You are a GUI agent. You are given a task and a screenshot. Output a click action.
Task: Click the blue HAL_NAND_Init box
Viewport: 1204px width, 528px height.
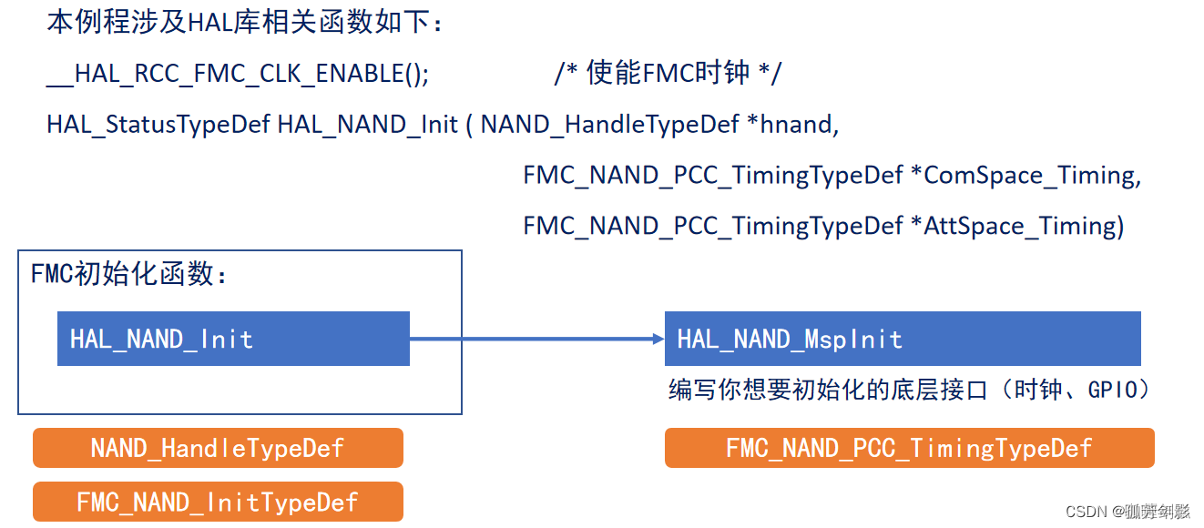(233, 339)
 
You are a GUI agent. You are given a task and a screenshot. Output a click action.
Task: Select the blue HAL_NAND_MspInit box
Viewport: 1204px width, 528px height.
(902, 339)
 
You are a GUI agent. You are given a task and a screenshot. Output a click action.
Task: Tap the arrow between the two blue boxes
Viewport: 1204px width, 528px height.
(537, 339)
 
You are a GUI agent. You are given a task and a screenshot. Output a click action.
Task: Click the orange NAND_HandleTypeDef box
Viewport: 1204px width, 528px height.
(218, 448)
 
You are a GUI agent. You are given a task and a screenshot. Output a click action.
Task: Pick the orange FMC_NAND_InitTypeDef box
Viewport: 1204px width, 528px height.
(218, 502)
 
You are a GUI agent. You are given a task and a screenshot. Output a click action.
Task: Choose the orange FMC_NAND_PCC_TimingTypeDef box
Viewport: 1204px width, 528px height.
(909, 448)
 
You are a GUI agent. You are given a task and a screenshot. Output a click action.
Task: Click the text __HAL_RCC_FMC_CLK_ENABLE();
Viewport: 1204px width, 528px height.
(238, 75)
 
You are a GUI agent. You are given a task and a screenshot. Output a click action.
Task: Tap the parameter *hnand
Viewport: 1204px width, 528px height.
(792, 125)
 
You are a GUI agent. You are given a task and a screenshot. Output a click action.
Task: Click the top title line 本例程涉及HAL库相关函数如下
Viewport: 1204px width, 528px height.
(245, 23)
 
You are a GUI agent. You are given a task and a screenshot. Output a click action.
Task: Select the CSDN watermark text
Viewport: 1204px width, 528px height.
(1127, 512)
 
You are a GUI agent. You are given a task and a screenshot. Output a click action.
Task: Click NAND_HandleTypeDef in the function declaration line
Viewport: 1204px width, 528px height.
(609, 125)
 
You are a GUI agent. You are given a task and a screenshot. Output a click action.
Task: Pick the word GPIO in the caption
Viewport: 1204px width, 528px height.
(1118, 390)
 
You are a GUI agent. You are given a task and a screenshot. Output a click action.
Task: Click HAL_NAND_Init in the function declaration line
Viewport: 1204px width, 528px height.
(367, 125)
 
